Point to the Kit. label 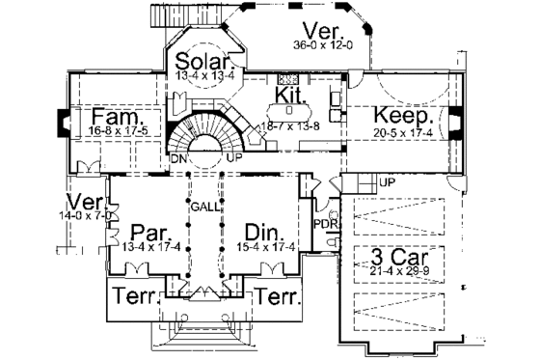click(288, 95)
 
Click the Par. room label click(141, 233)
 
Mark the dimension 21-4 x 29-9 click(395, 275)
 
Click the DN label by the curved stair click(178, 157)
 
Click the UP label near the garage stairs click(388, 182)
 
